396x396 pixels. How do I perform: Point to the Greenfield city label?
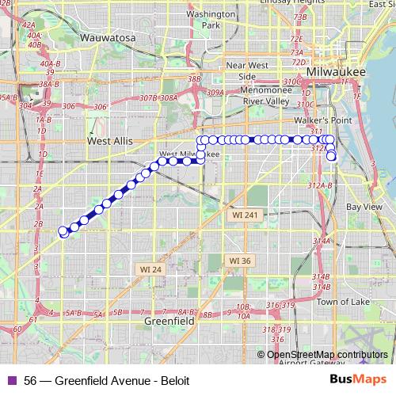(x=169, y=322)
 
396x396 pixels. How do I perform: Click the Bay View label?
(x=364, y=207)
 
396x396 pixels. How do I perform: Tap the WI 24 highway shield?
(x=150, y=269)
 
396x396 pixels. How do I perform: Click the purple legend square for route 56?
(x=11, y=380)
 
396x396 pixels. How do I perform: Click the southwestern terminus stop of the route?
(x=63, y=231)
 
